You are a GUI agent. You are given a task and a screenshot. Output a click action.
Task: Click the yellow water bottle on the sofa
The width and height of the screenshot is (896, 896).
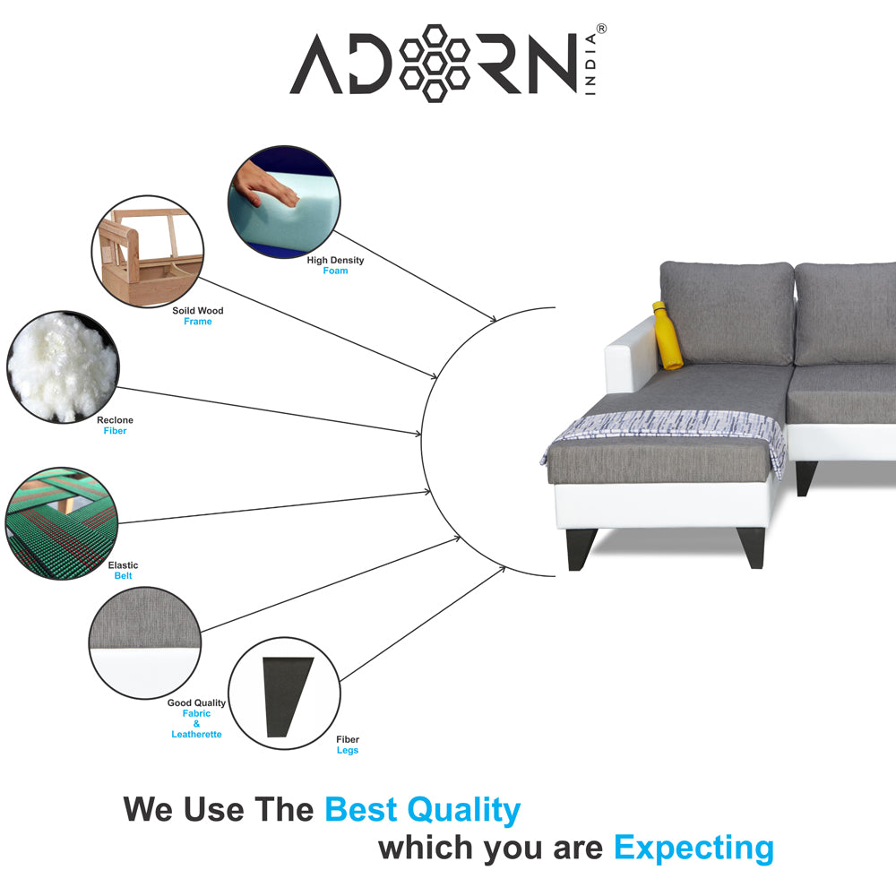[667, 337]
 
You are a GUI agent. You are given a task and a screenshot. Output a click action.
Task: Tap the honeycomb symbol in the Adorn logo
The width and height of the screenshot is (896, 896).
[435, 63]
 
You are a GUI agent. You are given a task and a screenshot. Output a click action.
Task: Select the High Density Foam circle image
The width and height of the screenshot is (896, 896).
[284, 202]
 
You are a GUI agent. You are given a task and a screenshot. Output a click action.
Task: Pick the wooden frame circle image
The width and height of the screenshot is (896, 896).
[147, 253]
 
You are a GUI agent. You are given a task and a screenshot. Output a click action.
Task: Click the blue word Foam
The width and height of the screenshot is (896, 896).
[335, 271]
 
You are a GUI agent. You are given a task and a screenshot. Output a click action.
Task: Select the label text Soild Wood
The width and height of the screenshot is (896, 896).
[197, 311]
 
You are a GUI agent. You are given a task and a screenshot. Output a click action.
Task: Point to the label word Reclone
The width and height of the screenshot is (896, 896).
[115, 419]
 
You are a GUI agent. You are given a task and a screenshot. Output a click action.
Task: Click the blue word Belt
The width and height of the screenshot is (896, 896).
[123, 575]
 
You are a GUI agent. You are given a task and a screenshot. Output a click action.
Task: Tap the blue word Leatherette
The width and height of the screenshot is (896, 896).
[196, 734]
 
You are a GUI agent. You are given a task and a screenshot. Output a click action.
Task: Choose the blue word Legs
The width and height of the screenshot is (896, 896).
[347, 750]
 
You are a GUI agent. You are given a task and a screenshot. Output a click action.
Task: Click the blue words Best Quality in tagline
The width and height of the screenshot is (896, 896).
[422, 809]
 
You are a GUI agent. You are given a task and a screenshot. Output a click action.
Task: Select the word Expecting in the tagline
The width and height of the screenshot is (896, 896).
[693, 847]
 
